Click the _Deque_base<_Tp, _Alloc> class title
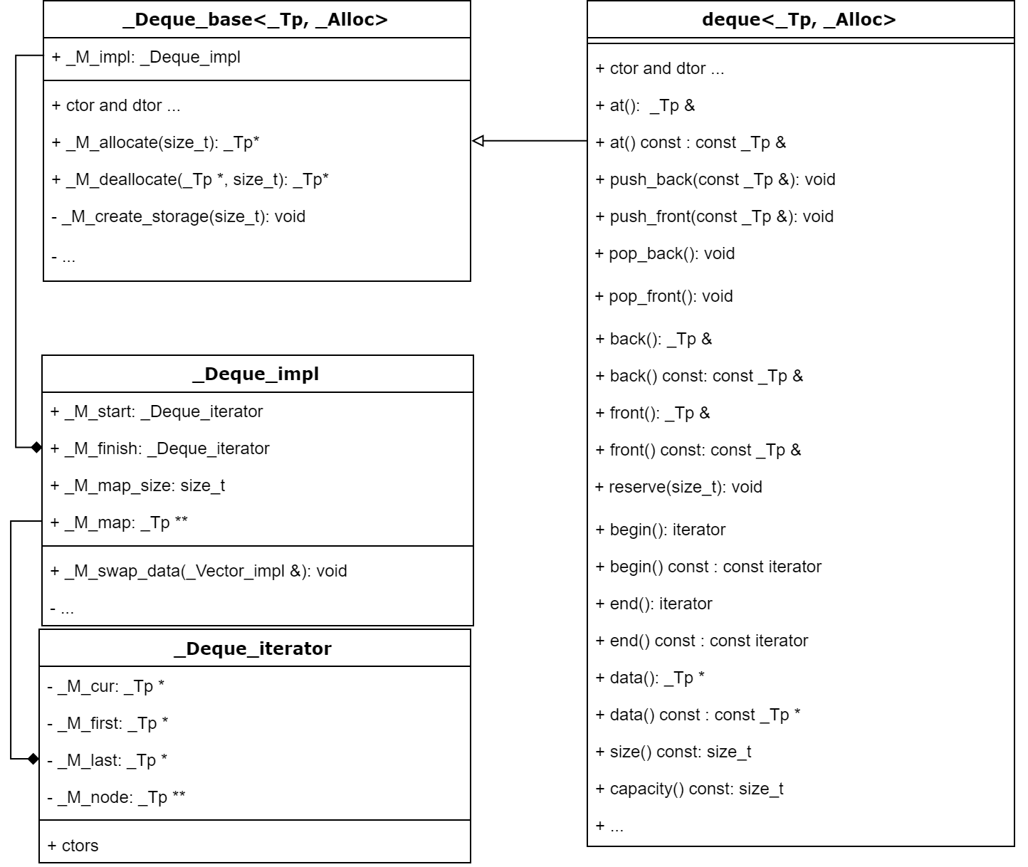click(256, 20)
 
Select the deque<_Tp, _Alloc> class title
click(799, 20)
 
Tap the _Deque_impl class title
click(256, 374)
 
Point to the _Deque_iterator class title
click(253, 649)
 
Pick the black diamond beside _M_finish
click(36, 447)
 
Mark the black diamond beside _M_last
click(33, 759)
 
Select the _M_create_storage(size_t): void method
click(179, 217)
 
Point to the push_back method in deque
click(715, 180)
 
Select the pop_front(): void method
click(664, 297)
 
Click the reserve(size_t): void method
click(679, 488)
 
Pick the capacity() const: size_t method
click(690, 789)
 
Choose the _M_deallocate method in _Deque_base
click(190, 180)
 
